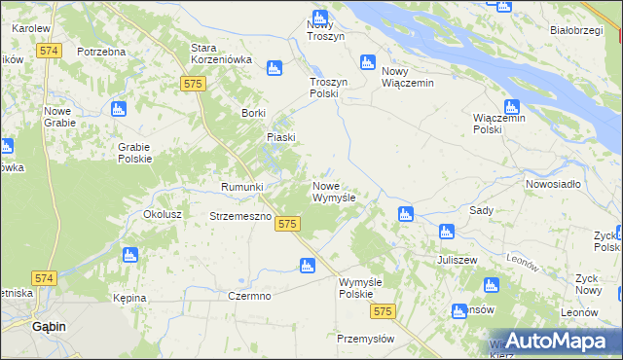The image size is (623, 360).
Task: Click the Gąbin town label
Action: pyautogui.click(x=48, y=327)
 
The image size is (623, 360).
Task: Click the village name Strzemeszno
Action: pyautogui.click(x=239, y=216)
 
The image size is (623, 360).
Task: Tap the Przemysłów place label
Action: pyautogui.click(x=365, y=339)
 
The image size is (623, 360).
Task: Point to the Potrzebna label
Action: pyautogui.click(x=101, y=51)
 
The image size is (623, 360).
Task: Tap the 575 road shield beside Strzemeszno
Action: pyautogui.click(x=286, y=224)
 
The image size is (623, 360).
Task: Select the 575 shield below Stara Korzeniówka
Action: pyautogui.click(x=192, y=85)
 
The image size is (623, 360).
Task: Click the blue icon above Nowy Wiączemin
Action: pyautogui.click(x=367, y=62)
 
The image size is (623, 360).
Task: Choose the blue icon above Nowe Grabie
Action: pyautogui.click(x=118, y=108)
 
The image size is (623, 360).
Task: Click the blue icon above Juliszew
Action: pyautogui.click(x=446, y=232)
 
